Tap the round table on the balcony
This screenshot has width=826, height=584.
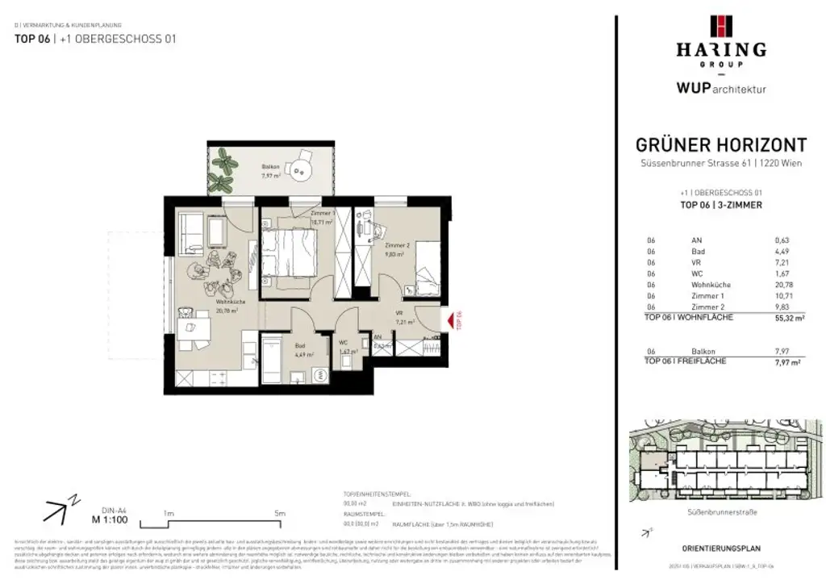click(301, 169)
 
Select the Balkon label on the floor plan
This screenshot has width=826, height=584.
click(270, 167)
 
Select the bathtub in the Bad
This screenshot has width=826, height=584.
click(271, 361)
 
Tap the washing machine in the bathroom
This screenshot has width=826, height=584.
click(319, 376)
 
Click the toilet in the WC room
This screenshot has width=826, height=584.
click(347, 361)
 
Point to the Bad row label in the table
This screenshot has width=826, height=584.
click(698, 251)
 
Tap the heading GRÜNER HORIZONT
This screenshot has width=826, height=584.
click(721, 145)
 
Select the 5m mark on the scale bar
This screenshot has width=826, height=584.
click(280, 512)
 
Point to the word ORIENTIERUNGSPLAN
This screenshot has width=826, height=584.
click(721, 548)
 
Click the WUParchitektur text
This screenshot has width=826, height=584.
click(721, 88)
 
